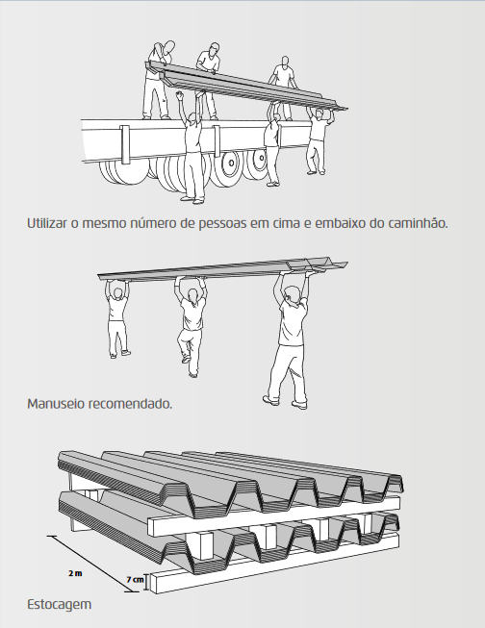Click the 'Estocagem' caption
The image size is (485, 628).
60,606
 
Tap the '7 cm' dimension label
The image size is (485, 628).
135,581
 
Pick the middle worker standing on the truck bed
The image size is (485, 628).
210,67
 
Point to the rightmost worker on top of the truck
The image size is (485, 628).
281,82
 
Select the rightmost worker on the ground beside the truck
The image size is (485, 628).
315,139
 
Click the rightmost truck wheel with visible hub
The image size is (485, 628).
256,164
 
